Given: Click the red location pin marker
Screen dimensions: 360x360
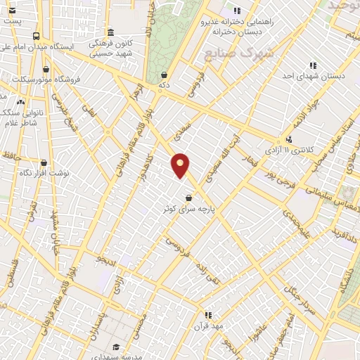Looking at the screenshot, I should click(x=181, y=165).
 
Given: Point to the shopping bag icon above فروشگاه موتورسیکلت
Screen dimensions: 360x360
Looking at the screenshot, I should click(x=46, y=70).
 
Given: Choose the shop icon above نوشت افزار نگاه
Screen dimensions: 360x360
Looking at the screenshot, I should click(x=44, y=162).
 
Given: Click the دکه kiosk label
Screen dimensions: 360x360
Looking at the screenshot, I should click(x=165, y=85).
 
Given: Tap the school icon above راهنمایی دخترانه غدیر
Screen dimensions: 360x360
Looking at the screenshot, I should click(x=237, y=11).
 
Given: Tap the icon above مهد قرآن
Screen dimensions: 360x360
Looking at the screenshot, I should click(x=207, y=316).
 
